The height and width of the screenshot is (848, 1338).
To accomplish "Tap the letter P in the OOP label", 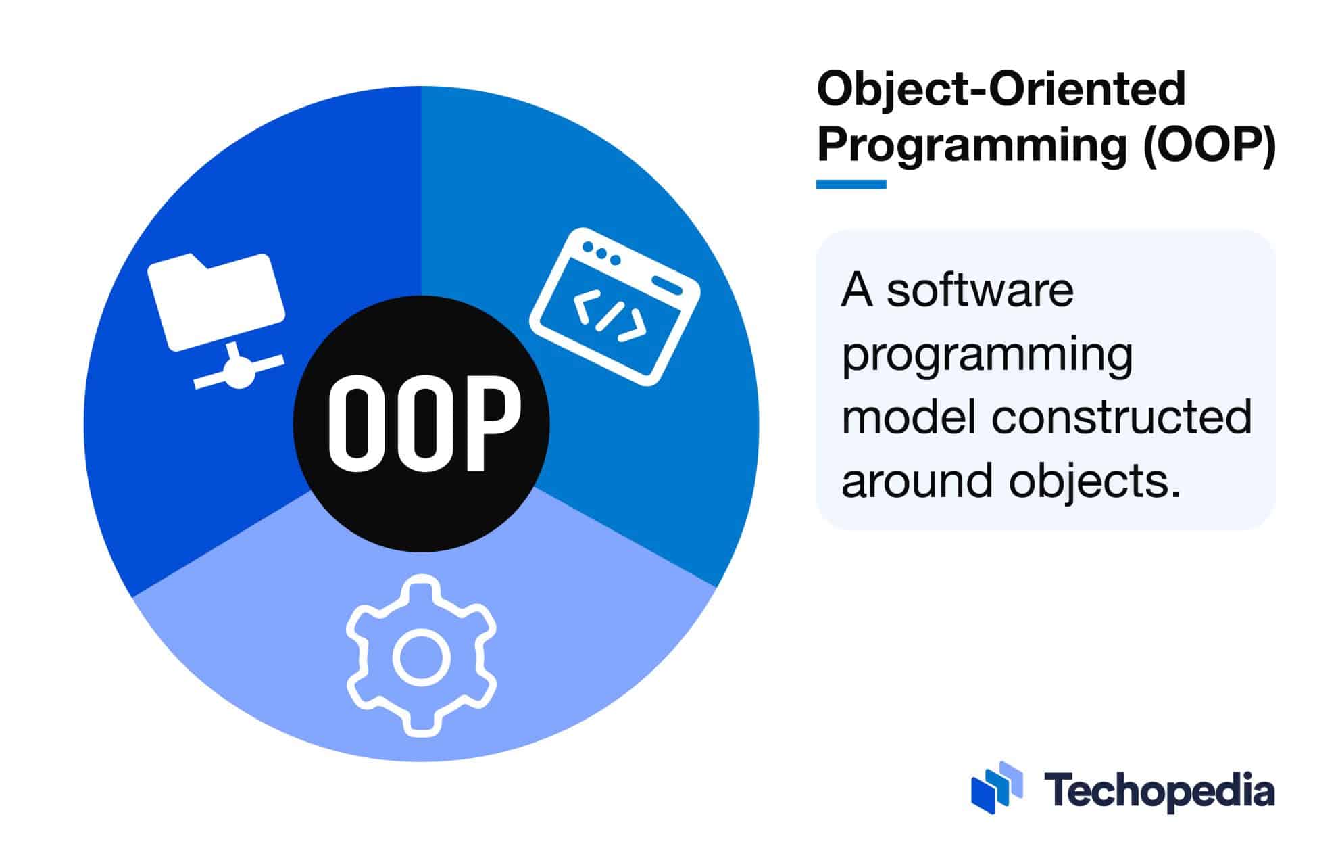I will [x=494, y=423].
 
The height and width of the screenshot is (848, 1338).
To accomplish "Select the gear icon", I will [x=421, y=656].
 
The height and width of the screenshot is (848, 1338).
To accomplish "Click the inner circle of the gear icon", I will [x=421, y=657].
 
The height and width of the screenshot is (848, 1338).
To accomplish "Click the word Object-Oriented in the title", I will [x=1001, y=89].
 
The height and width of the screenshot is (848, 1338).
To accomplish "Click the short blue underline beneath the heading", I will [x=851, y=184].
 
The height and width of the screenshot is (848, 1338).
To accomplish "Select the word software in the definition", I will [x=980, y=291].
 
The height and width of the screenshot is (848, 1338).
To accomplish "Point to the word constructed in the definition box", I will [x=1122, y=417].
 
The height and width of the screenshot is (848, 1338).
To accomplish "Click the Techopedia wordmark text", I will [x=1159, y=791].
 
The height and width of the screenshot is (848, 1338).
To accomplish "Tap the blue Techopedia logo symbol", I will [x=996, y=787].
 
